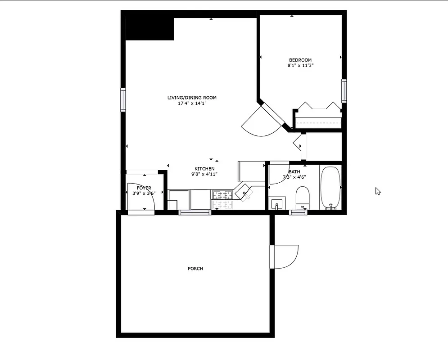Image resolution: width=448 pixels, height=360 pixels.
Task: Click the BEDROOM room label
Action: pos(300,60)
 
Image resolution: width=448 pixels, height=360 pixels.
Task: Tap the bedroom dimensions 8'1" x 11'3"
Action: pos(300,66)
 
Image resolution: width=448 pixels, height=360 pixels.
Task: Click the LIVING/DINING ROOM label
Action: pos(192,98)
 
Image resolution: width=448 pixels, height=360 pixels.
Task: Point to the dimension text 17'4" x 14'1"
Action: pos(192,103)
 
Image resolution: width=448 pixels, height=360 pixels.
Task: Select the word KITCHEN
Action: pos(204,169)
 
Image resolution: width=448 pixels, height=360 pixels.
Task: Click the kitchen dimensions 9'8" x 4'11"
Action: pos(204,174)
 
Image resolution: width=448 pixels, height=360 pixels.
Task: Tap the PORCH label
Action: pos(195,269)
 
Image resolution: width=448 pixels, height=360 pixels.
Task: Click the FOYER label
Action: pos(144,188)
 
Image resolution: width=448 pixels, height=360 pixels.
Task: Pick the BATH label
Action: pos(294,172)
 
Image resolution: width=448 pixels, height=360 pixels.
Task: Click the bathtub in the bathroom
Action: pos(330,188)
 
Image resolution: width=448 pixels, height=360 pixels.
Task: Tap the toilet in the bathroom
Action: pos(303,198)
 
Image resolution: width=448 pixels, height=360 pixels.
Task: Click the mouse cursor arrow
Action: pos(378,191)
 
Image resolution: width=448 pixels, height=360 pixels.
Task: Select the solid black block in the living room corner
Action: pos(149,28)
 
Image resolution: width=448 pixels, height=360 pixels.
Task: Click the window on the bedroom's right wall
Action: pos(344,90)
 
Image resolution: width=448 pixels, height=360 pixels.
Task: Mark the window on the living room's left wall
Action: pos(123,99)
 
